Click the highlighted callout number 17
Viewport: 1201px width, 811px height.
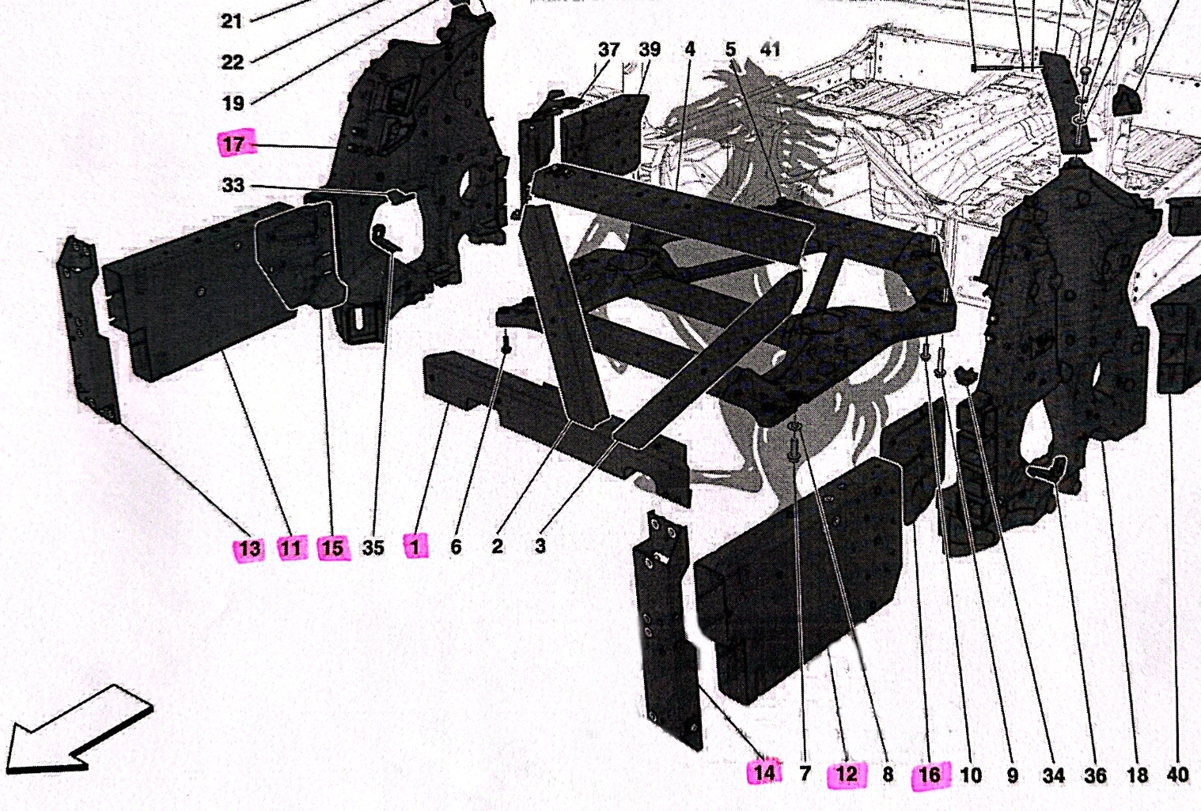233,145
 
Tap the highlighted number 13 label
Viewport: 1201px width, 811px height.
249,549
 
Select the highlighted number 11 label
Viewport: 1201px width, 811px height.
291,548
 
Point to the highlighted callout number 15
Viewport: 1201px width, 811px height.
333,548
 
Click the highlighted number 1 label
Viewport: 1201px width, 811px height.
415,545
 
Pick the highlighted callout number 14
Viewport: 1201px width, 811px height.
764,772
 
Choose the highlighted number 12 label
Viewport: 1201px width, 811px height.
847,774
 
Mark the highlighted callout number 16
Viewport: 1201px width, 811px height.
930,775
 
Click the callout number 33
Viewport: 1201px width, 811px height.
233,186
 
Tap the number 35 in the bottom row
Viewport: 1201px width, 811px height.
373,547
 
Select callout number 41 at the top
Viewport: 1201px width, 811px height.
770,50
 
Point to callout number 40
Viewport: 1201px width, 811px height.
1177,775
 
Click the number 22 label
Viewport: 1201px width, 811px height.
232,62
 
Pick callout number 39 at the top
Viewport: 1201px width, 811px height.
649,50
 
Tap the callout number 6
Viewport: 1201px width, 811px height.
456,546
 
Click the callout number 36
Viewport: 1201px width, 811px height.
1095,775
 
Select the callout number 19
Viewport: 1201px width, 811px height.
233,103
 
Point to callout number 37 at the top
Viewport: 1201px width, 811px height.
608,50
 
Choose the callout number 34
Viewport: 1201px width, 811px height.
1053,775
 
